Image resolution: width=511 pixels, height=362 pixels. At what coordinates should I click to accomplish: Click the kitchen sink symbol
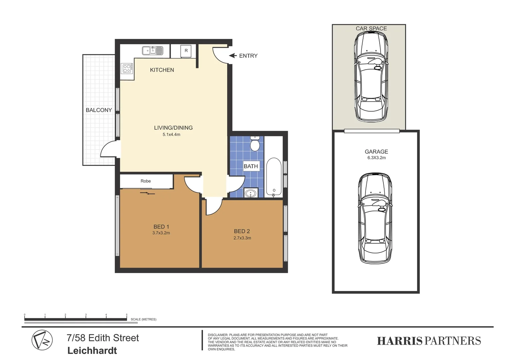[152, 51]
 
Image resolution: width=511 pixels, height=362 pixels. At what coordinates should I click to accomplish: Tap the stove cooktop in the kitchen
[127, 68]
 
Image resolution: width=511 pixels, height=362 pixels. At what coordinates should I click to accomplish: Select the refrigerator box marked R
[186, 51]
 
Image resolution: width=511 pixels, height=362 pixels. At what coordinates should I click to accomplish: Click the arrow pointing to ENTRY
[233, 56]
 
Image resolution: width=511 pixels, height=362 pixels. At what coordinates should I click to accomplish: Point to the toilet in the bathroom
[255, 144]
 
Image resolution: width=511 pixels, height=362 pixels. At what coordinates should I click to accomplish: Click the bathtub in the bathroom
[274, 177]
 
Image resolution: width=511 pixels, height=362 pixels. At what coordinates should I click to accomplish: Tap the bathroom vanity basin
[250, 193]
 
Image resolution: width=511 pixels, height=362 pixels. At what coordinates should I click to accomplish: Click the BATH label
[251, 166]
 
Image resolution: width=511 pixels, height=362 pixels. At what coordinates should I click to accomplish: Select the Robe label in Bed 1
[145, 181]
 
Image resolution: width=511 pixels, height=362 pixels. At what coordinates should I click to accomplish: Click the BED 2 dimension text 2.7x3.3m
[242, 238]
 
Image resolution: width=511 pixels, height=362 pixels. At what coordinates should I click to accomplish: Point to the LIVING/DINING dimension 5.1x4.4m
[171, 135]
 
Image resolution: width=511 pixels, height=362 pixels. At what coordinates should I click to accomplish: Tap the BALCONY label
[99, 110]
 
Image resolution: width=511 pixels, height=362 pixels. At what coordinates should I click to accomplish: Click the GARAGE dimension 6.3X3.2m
[376, 158]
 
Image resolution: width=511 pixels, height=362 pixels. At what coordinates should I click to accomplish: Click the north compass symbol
[42, 340]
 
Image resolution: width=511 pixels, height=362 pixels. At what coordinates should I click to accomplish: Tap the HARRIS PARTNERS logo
[429, 341]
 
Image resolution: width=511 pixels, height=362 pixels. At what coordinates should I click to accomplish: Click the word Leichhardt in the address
[92, 351]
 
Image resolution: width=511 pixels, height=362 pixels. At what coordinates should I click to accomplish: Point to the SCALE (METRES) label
[143, 319]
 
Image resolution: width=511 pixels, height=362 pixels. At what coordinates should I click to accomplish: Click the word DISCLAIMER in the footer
[218, 335]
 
